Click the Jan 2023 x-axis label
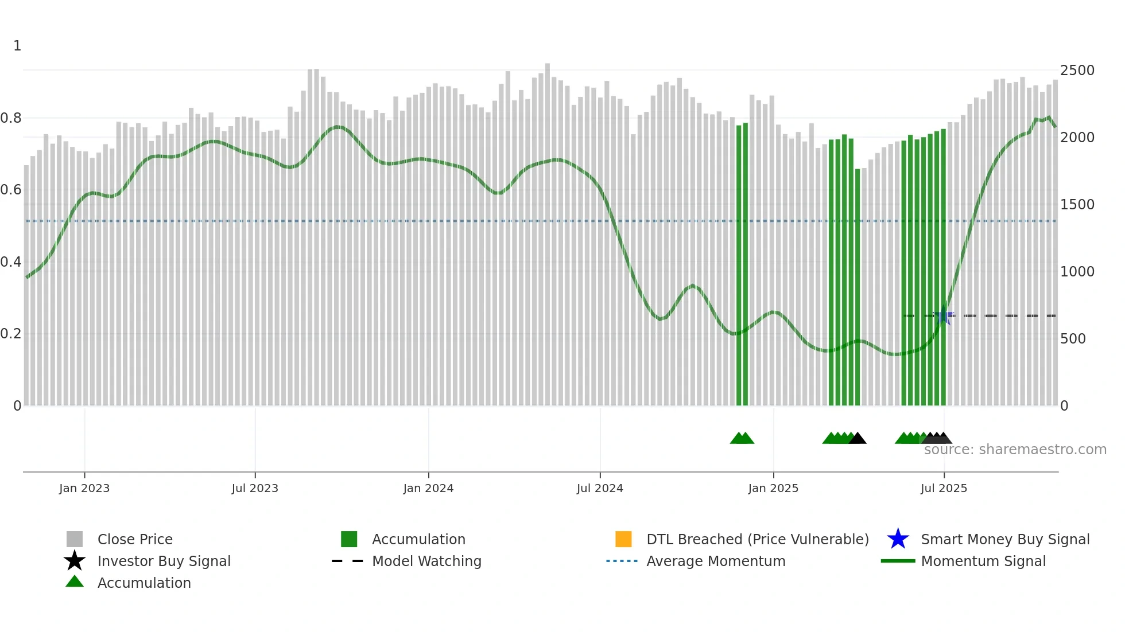[84, 488]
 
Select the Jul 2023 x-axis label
[255, 488]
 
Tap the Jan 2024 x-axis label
[428, 488]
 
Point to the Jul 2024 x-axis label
[600, 488]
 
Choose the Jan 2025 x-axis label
[773, 488]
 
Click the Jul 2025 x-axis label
[944, 488]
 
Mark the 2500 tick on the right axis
[1077, 71]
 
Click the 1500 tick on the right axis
[1077, 205]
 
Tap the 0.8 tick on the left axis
[11, 118]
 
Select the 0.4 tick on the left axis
[11, 262]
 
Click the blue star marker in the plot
[944, 315]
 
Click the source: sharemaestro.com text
[1015, 450]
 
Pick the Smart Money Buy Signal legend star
[898, 539]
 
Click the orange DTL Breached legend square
[623, 539]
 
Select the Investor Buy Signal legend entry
[164, 561]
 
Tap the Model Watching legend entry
[426, 561]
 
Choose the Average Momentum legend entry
[716, 561]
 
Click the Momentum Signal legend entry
[983, 561]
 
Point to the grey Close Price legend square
[75, 539]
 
